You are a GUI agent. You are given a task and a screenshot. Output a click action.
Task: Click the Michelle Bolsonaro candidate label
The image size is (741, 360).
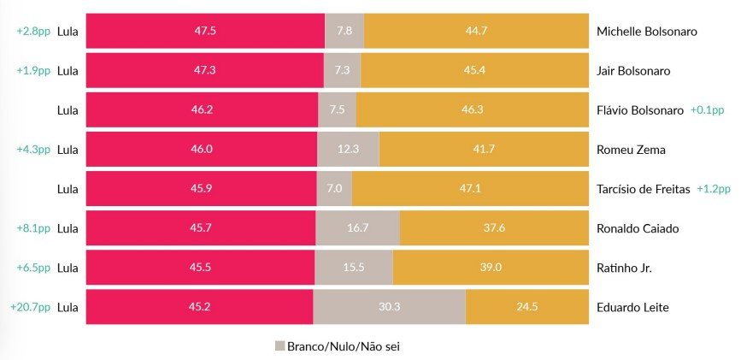coord(646,31)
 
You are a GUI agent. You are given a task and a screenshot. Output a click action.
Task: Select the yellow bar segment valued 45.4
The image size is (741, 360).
coord(474,70)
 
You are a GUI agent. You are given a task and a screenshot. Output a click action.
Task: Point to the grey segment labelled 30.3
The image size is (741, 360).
coord(389,307)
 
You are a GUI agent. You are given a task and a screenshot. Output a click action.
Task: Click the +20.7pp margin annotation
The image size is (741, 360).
coord(30,307)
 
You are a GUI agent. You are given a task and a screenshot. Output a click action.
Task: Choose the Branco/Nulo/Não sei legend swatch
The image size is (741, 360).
coord(279,346)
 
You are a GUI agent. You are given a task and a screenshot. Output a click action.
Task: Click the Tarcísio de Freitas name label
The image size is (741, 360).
coord(643,189)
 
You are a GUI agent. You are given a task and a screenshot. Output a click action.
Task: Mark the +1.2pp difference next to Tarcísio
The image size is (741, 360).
coord(714,189)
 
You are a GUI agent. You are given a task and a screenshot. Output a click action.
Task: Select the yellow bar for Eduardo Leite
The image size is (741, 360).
coord(526,307)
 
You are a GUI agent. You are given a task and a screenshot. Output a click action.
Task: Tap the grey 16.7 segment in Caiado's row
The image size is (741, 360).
coord(357,228)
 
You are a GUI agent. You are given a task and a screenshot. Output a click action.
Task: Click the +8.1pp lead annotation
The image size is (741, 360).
coord(33,228)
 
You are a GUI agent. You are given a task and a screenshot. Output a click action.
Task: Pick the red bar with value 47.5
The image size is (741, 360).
coord(205,31)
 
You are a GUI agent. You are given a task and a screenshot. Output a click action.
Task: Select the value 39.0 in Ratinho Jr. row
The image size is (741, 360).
coord(491,268)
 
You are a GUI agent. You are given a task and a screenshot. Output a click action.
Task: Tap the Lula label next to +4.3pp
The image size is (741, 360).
coord(68,150)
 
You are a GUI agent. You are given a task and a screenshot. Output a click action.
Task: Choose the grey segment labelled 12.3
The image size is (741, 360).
coord(348,150)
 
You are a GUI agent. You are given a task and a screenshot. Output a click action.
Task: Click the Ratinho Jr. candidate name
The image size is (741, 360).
coord(624,268)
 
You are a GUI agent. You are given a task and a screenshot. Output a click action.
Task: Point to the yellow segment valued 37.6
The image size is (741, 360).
coord(494,228)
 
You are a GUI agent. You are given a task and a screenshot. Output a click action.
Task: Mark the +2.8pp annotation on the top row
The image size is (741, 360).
coord(33,31)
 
